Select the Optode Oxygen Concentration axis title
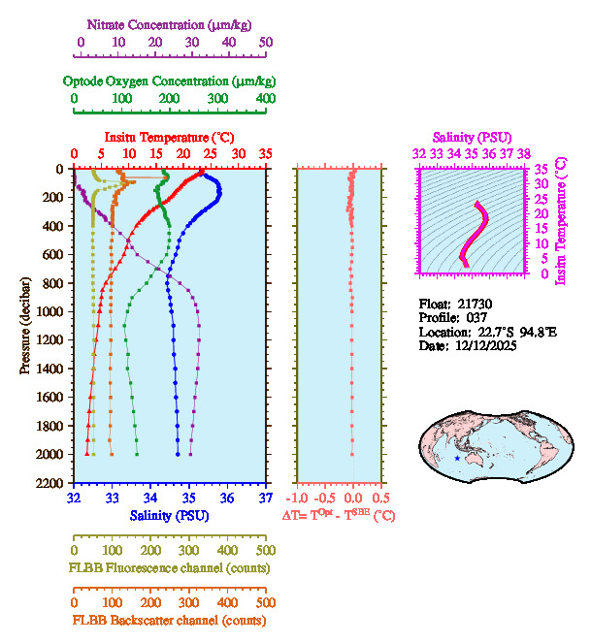[x=170, y=80]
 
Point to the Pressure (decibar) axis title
[x=25, y=325]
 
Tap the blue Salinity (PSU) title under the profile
[x=169, y=515]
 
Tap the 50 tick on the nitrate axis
[x=266, y=42]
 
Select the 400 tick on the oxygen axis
[x=266, y=99]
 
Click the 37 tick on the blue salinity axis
[x=266, y=498]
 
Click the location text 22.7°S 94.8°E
[x=515, y=332]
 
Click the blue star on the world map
[x=457, y=458]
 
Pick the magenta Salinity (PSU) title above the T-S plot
[x=472, y=138]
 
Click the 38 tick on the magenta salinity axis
[x=524, y=152]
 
